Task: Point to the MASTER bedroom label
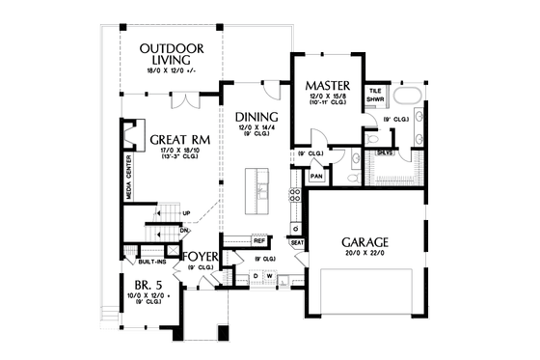[x=325, y=85]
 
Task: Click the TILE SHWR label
[x=375, y=96]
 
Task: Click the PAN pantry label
[x=315, y=177]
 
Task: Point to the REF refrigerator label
[x=258, y=239]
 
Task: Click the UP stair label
[x=185, y=213]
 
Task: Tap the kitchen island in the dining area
[x=257, y=191]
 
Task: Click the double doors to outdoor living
[x=186, y=100]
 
